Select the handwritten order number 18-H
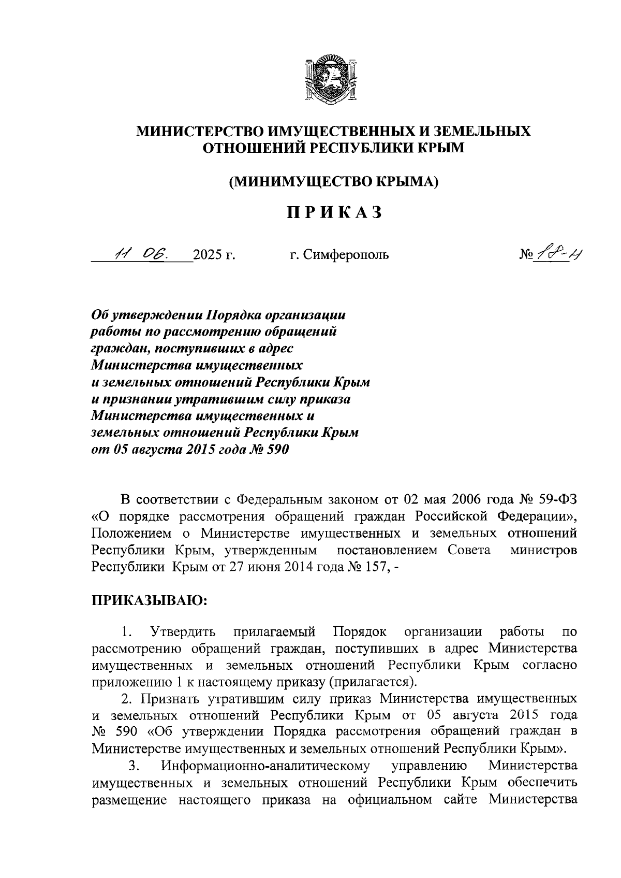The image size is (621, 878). pos(555,253)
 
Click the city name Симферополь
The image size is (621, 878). pos(345,255)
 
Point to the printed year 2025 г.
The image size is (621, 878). pos(214,255)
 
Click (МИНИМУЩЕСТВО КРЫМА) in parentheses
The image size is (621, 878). pos(334,181)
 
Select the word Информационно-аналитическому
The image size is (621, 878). pos(265,766)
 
